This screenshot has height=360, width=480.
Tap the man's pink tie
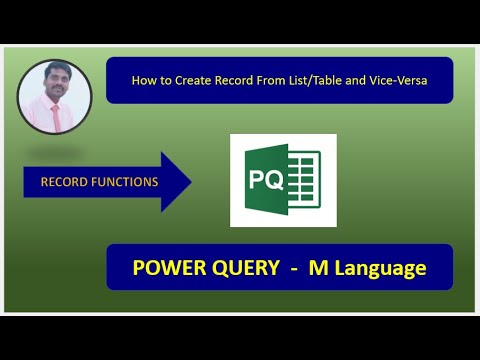click(56, 114)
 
